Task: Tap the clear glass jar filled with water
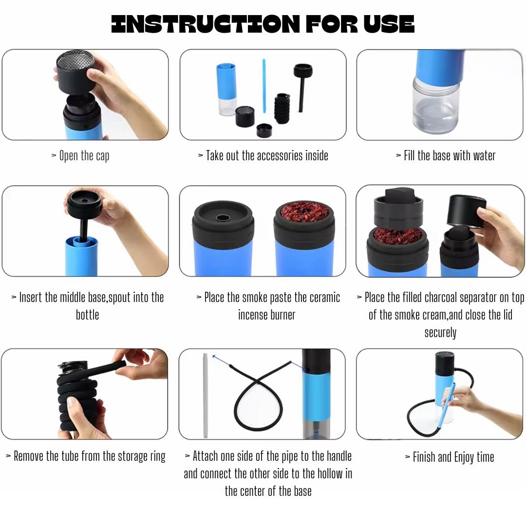(x=435, y=105)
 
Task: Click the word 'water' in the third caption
(x=484, y=156)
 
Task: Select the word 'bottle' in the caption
(x=87, y=315)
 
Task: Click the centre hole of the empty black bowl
(x=222, y=218)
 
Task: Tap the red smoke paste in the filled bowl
(x=304, y=212)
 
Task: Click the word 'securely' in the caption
(x=440, y=333)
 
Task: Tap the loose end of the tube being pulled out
(x=122, y=363)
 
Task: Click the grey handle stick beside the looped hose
(x=206, y=395)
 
